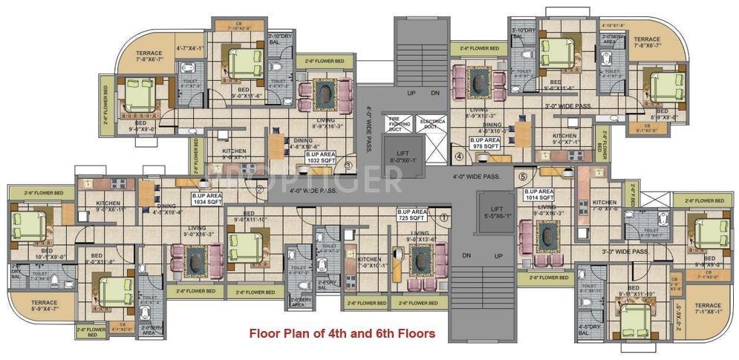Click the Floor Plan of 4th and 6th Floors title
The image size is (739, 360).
[x=342, y=333]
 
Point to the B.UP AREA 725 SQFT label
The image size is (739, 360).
[x=411, y=215]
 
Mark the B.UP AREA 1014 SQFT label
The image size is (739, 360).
[x=539, y=194]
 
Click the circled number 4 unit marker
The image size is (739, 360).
[x=458, y=157]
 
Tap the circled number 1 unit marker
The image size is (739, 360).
[x=444, y=217]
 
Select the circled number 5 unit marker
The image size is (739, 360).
[x=522, y=177]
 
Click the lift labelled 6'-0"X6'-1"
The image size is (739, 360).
[x=404, y=156]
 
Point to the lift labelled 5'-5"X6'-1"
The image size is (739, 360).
[x=495, y=212]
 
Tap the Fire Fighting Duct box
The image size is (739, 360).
[x=396, y=122]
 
